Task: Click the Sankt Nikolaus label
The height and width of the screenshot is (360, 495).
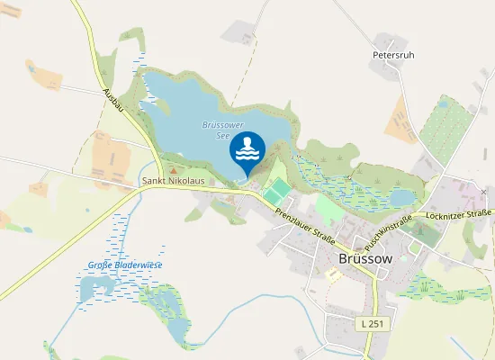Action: (x=174, y=181)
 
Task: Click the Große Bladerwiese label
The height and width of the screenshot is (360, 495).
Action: (x=125, y=265)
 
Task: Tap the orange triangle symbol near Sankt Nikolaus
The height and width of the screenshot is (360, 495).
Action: (x=174, y=168)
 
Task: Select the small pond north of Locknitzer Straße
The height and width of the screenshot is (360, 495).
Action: (x=401, y=196)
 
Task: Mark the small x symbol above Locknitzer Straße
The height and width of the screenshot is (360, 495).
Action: (x=483, y=193)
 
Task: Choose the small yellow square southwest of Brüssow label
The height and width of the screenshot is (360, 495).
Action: (x=333, y=274)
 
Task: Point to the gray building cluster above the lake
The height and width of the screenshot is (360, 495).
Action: (x=238, y=35)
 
